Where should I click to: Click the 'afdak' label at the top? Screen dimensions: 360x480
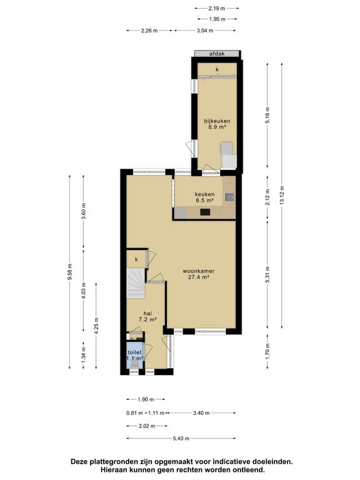[217, 54]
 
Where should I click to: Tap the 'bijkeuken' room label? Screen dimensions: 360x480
[217, 121]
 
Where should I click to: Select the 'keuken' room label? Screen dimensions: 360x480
[204, 194]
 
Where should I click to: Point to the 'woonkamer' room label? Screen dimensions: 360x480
[198, 271]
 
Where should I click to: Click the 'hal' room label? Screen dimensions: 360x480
[148, 313]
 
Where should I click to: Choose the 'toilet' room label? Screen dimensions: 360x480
[135, 352]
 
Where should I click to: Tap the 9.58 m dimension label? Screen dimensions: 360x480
[70, 271]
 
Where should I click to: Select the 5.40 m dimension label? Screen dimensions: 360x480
[181, 438]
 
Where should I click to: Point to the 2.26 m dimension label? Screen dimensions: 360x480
[149, 30]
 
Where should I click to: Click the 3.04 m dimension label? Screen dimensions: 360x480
[205, 30]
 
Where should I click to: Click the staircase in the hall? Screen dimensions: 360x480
[136, 283]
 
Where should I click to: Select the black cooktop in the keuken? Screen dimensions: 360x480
[205, 212]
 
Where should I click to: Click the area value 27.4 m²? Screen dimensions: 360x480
[199, 277]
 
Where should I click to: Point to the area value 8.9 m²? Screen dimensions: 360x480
[217, 127]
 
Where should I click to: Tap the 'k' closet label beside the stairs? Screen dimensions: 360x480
[136, 259]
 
